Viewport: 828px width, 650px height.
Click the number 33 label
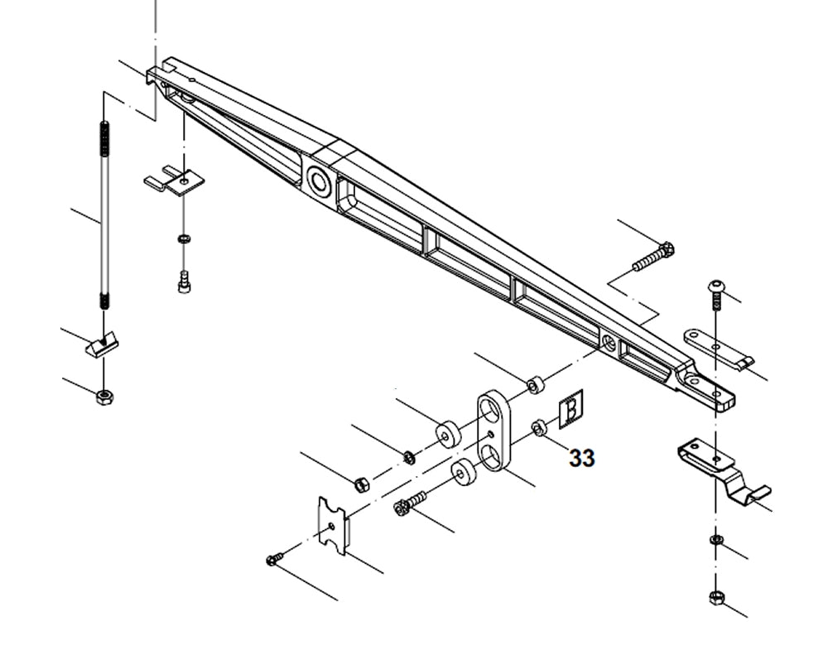tap(582, 458)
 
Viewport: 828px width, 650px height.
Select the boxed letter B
tap(571, 409)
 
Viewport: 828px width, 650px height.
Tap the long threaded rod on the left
tap(103, 215)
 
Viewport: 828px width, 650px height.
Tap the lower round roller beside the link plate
tap(462, 474)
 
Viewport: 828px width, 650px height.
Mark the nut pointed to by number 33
tap(537, 427)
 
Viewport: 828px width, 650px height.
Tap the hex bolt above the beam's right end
tap(654, 257)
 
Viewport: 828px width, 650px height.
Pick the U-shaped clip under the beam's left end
tap(176, 181)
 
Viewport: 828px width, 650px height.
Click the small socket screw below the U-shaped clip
tap(183, 282)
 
